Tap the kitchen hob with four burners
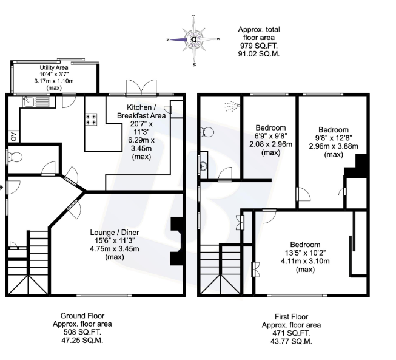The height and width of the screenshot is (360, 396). tap(92, 120)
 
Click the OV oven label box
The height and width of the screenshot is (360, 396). tap(13, 135)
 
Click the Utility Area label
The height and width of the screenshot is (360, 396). tap(54, 67)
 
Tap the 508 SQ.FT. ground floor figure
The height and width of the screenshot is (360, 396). tap(82, 332)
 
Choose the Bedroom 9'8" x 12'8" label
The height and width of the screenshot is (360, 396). tap(334, 130)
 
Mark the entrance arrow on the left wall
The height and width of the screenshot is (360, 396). tap(2, 187)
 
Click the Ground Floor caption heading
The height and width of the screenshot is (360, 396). tap(82, 316)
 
